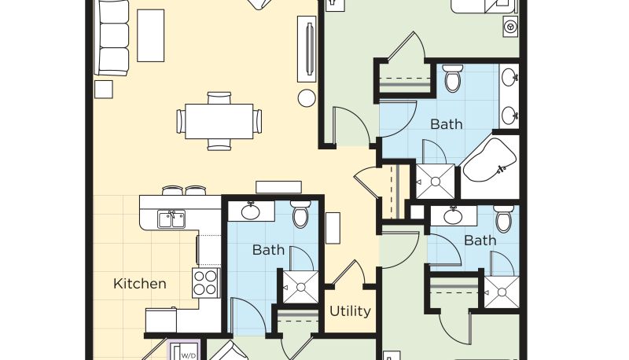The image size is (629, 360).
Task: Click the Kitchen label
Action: [x=140, y=284]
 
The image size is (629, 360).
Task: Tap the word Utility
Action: [x=350, y=311]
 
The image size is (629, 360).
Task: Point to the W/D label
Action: [x=189, y=355]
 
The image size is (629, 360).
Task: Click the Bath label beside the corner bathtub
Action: [x=446, y=124]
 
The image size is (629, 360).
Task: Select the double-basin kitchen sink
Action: [x=171, y=219]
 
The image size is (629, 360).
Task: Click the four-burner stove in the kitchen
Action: [x=206, y=283]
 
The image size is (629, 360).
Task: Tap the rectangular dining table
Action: [x=219, y=121]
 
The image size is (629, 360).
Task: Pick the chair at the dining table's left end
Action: [x=181, y=121]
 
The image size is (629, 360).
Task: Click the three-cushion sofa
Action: [x=112, y=37]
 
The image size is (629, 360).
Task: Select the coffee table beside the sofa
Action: [x=150, y=35]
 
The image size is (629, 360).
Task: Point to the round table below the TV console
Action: [x=307, y=97]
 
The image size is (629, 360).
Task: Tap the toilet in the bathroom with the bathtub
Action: [x=454, y=78]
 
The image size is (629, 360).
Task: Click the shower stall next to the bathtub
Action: [x=436, y=182]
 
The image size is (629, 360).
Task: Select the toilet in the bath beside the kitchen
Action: [x=300, y=214]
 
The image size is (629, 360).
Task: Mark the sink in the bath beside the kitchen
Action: [x=251, y=211]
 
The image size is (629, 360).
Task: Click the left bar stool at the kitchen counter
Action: [x=172, y=190]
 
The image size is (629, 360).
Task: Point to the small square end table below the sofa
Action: [x=104, y=90]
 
